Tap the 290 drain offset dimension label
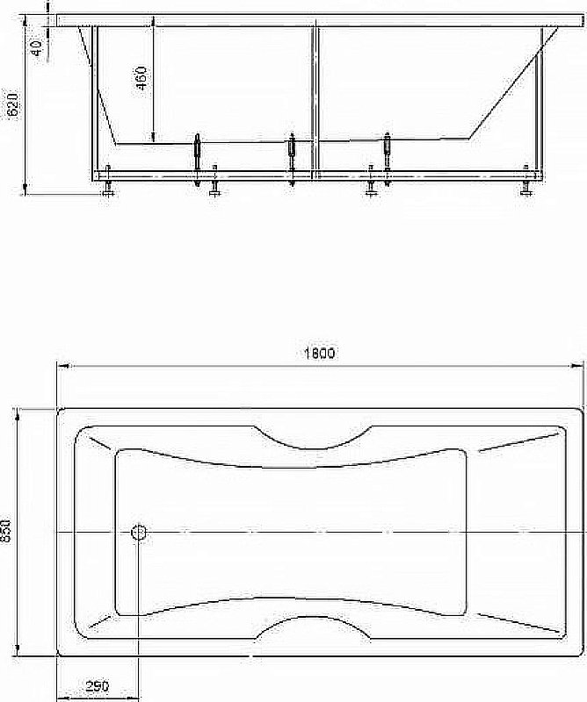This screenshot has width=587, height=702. point(98,686)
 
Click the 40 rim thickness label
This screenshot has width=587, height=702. point(36,47)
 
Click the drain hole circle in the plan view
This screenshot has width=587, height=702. point(139,532)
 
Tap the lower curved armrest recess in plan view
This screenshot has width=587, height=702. point(314,627)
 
